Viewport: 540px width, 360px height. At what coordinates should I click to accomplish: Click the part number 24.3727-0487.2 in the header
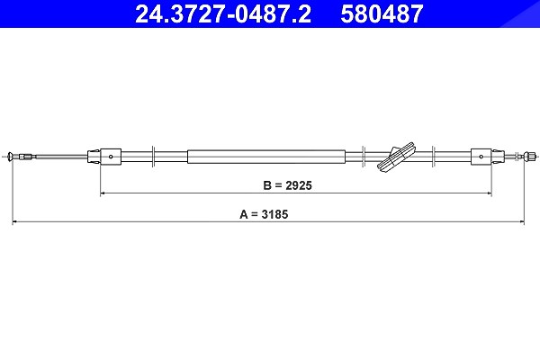coord(223,14)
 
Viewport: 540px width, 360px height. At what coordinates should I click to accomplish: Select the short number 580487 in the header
coord(382,14)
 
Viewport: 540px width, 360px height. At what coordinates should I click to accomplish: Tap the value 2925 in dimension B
coord(299,185)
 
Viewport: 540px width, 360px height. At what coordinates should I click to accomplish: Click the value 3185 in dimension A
coord(274,214)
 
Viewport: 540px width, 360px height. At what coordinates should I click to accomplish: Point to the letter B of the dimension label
coord(267,185)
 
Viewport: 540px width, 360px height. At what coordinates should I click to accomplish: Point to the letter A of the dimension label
coord(244,214)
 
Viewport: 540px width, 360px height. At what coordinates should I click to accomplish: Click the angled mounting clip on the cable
coord(396,157)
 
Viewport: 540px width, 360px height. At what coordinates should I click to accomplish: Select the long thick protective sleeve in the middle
coord(266,157)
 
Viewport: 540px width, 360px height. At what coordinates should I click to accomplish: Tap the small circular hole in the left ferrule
coord(111,157)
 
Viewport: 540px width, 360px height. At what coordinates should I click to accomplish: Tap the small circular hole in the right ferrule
coord(481,157)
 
